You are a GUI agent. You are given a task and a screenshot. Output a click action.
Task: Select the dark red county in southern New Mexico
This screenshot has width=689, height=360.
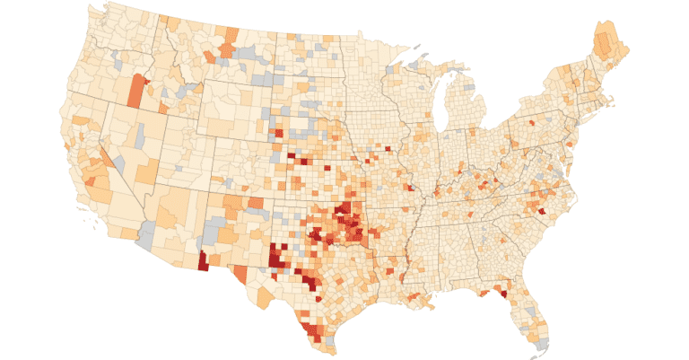point(202,261)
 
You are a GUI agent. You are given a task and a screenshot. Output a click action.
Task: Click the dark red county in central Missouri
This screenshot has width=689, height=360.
point(410,189)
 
